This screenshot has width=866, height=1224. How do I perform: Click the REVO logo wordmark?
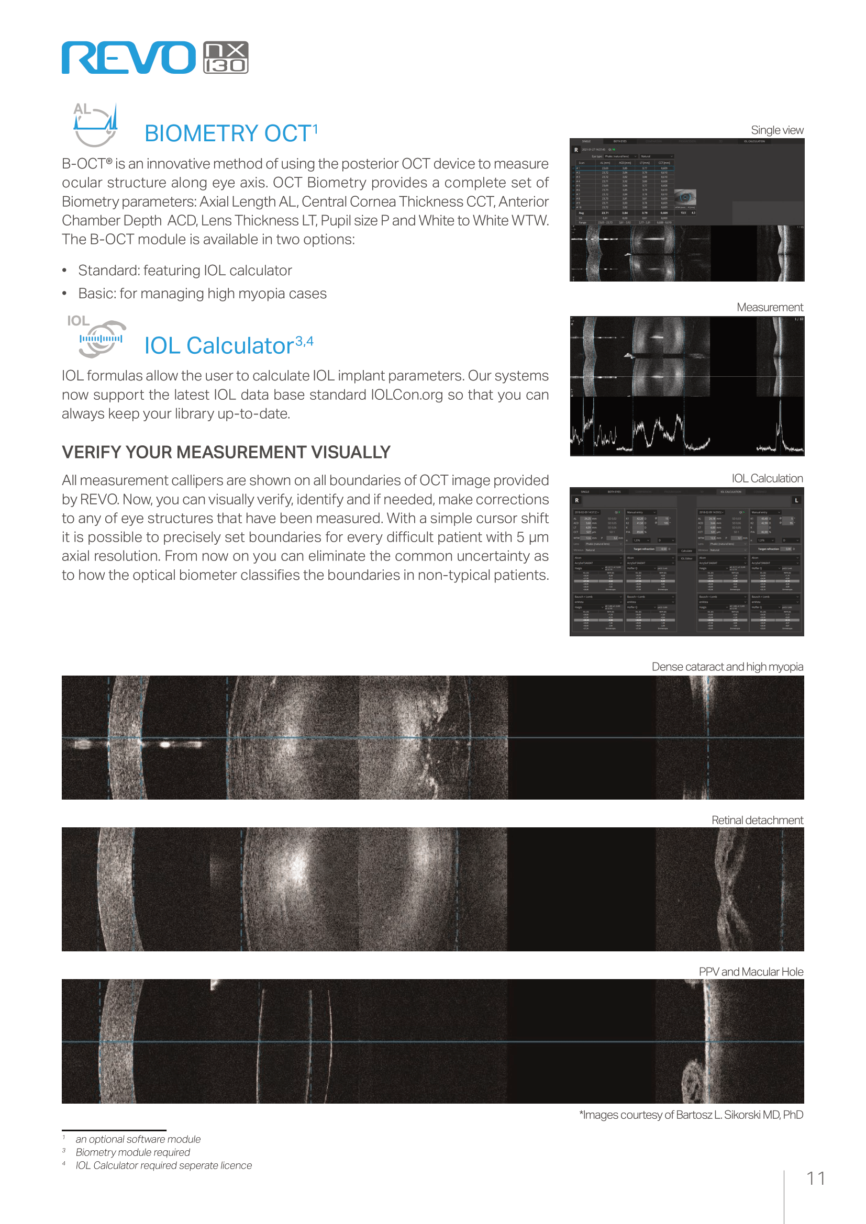[x=128, y=58]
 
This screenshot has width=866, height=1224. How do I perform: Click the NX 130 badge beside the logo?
[x=226, y=58]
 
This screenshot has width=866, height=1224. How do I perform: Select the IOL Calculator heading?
[x=228, y=345]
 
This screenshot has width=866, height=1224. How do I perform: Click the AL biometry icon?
[x=95, y=125]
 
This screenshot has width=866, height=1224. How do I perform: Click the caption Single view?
[x=776, y=130]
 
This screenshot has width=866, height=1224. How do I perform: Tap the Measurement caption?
[x=770, y=307]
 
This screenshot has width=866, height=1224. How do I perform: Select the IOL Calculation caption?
[x=767, y=478]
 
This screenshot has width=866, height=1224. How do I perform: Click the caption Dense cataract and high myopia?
[x=727, y=666]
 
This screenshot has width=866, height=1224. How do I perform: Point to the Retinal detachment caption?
[x=757, y=820]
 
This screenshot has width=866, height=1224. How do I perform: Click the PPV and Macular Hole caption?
[x=750, y=971]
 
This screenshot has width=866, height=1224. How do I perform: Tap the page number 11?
[x=815, y=1178]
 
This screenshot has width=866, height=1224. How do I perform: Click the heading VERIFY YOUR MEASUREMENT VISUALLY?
[x=226, y=452]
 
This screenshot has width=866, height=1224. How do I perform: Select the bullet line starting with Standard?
[x=184, y=270]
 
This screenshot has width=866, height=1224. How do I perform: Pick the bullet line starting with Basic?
[x=202, y=293]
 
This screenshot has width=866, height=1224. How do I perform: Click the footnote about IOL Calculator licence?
[x=163, y=1165]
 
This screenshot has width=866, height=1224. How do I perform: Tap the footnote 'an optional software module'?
[x=138, y=1139]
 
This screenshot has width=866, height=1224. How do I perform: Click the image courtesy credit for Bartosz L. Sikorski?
[x=691, y=1115]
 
